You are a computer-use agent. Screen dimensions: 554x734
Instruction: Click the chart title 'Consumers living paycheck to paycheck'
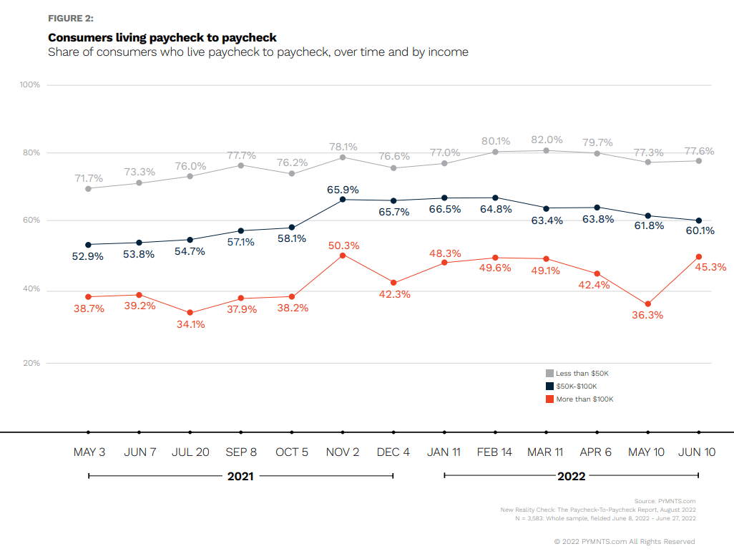coord(162,37)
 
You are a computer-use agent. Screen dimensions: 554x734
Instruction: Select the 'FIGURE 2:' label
coord(71,18)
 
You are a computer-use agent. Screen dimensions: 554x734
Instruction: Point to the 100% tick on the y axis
coord(29,85)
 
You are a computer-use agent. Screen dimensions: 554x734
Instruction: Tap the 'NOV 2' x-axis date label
coord(343,452)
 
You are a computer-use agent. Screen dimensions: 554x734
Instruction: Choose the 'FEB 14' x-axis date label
coord(496,452)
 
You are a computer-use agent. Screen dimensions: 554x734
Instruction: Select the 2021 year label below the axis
coord(240,476)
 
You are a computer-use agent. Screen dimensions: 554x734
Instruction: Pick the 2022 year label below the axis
coord(571,476)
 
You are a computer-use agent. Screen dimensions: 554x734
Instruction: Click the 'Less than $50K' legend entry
coord(582,374)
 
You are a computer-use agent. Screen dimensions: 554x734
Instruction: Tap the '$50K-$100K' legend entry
coord(576,387)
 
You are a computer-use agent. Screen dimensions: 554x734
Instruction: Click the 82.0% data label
coord(546,140)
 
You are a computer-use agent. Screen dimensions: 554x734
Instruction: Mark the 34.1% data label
coord(190,324)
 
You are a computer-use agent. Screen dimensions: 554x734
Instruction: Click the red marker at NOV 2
coord(343,256)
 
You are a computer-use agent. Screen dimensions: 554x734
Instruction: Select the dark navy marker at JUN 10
coord(699,220)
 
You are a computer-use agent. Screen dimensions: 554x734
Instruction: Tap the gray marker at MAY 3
coord(88,189)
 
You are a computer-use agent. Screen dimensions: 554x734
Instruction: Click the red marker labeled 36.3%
coord(648,304)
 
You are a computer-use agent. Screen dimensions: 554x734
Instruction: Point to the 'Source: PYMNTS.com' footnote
coord(665,501)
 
